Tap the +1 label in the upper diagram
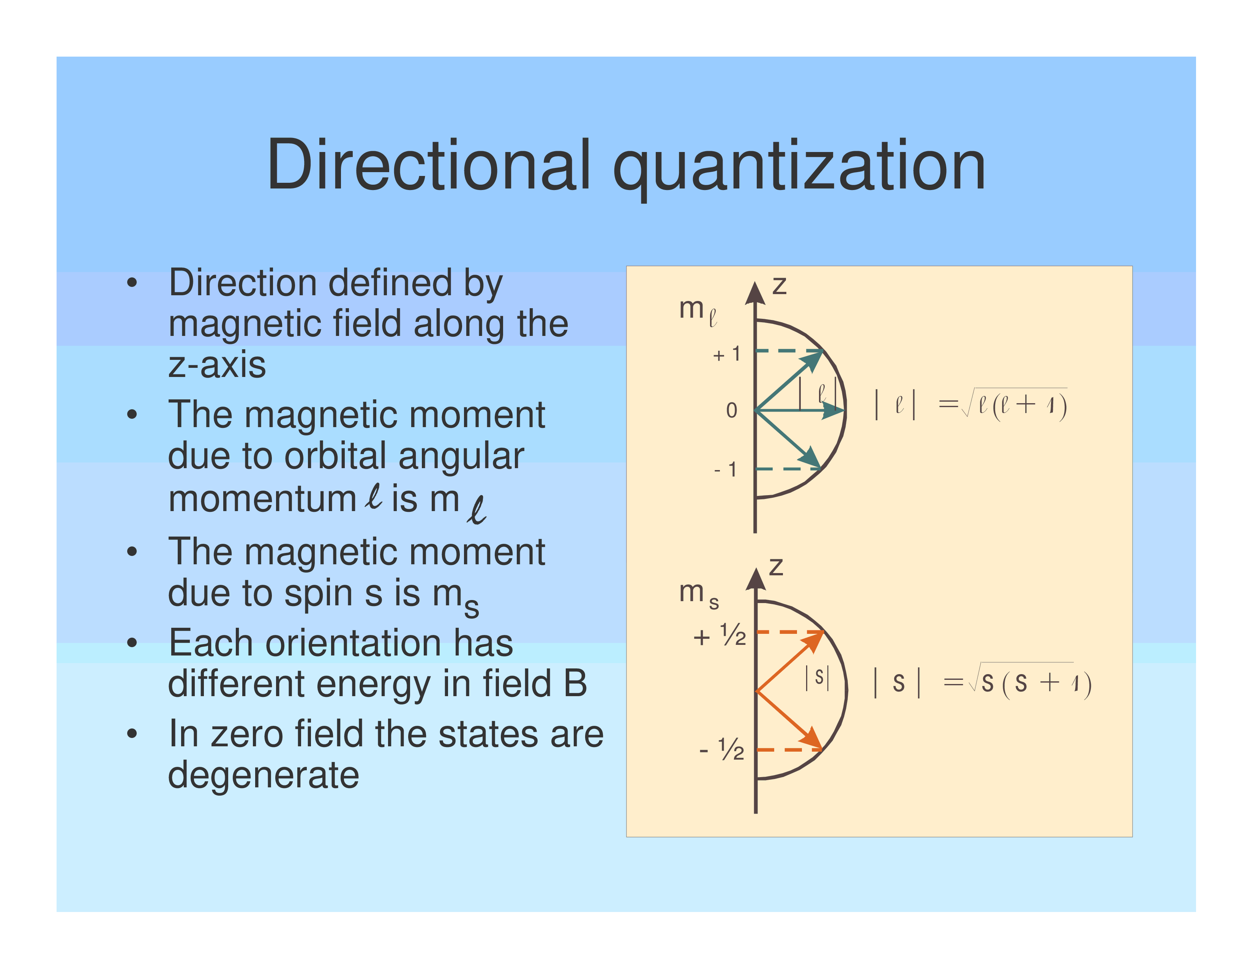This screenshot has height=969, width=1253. coord(726,354)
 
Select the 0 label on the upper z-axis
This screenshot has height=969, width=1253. coord(732,410)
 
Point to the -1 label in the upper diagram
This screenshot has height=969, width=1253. coord(725,470)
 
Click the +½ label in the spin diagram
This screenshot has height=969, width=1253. coord(720,635)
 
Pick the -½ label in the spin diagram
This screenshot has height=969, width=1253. coord(722,749)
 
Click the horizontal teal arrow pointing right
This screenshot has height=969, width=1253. coord(800,410)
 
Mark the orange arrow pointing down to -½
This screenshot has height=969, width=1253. coord(789,720)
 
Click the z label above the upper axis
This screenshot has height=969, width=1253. coord(779,285)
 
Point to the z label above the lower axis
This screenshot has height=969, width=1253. coord(776,567)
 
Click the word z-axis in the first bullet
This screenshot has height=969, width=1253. coord(217,365)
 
